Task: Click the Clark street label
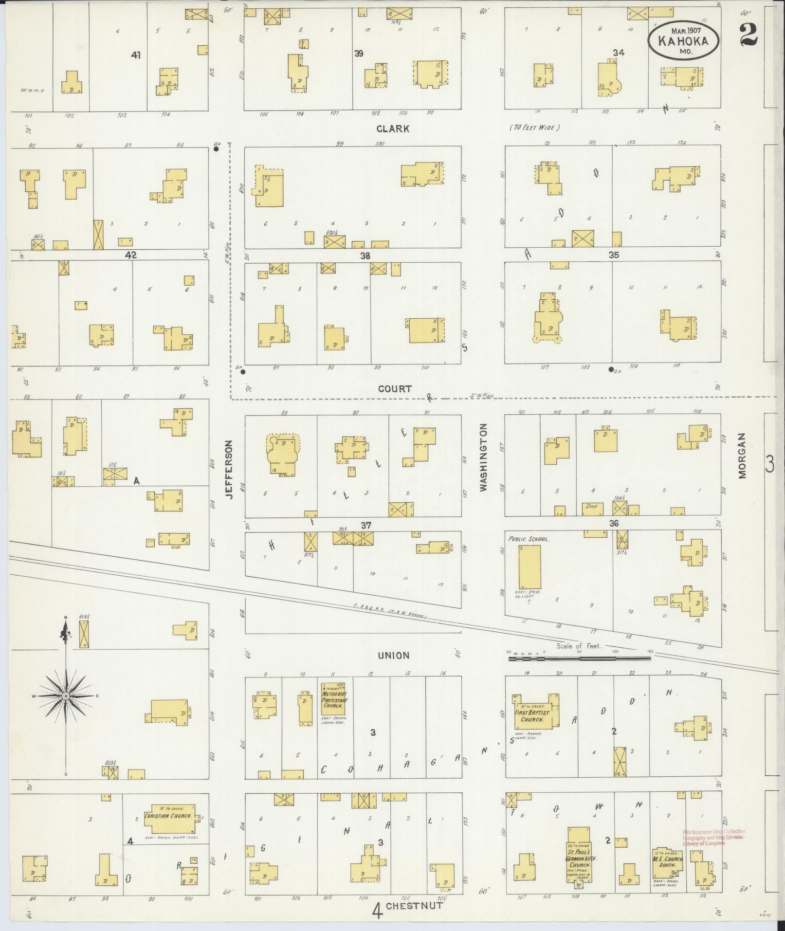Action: coord(392,129)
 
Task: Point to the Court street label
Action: coord(395,388)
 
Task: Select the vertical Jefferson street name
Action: coord(230,469)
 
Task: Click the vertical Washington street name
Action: coord(483,457)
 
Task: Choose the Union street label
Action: coord(394,656)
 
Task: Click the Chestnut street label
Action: coord(415,906)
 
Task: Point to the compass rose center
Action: coord(65,697)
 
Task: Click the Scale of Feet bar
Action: coord(579,658)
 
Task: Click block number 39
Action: coord(359,53)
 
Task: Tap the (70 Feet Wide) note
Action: coord(535,128)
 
